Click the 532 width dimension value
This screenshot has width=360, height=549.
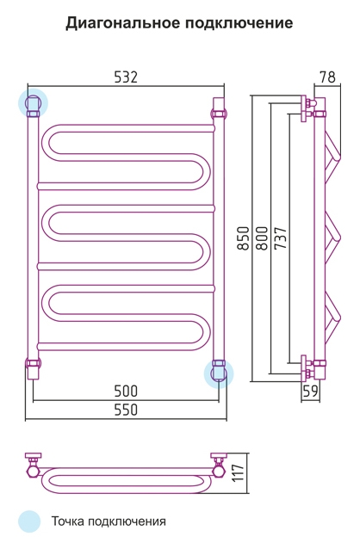coord(127,77)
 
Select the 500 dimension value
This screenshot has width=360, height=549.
coord(127,391)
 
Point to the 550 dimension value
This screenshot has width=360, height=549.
coord(127,410)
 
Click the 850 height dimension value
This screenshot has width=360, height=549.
coord(243,238)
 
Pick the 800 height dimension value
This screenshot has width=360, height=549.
coord(262,238)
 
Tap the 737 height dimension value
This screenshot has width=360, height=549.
coord(281,238)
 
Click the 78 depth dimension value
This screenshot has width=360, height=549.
coord(328,77)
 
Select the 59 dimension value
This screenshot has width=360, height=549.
coord(310,391)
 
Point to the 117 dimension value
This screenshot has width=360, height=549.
coord(238,472)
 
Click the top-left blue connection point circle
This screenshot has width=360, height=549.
coord(33,103)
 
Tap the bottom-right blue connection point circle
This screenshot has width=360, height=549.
coord(219,373)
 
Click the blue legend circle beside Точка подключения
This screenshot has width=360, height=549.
coord(29,521)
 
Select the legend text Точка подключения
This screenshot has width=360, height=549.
coord(109,521)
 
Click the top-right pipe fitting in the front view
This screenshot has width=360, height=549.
coord(219,109)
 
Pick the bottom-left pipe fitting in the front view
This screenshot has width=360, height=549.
coord(33,368)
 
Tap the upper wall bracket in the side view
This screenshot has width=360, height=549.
coord(307,108)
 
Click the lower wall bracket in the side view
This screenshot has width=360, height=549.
coord(307,368)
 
